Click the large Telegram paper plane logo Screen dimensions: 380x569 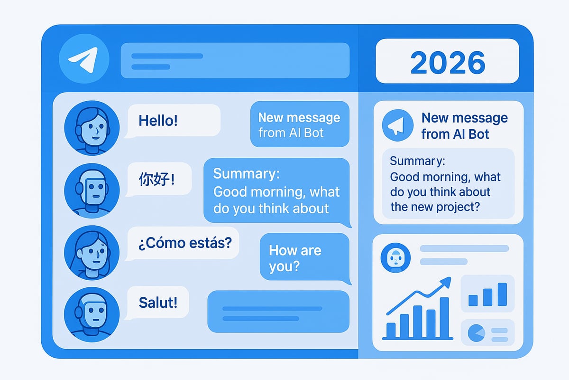pos(84,59)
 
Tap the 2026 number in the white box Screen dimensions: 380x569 pos(448,62)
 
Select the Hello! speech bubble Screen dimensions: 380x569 pos(173,121)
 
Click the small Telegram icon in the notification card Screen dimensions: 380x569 pos(397,125)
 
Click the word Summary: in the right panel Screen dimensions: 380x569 pos(418,161)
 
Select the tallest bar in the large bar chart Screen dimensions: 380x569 pos(444,317)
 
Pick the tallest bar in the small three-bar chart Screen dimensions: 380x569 pos(502,294)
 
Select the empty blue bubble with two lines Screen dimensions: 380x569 pos(278,312)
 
